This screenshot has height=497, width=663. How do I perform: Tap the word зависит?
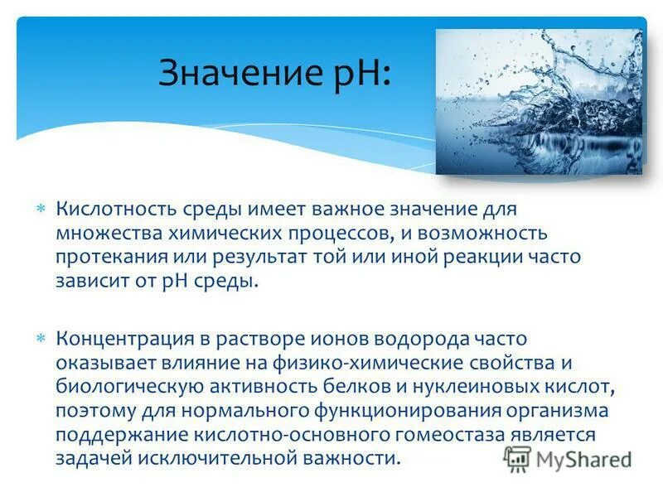click(90, 280)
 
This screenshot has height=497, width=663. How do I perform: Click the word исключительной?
click(205, 458)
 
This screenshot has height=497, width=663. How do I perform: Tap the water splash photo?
click(539, 102)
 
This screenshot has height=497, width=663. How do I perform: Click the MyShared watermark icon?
click(518, 457)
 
